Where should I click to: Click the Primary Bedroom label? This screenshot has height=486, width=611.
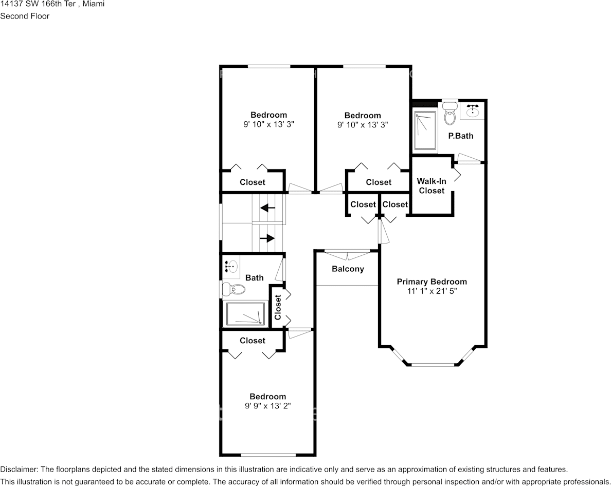click(x=432, y=282)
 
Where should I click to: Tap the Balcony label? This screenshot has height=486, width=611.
click(x=348, y=269)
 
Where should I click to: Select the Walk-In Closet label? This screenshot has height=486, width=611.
click(x=432, y=186)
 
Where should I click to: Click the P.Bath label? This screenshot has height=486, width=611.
click(x=461, y=136)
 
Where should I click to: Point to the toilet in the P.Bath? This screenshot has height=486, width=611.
click(x=450, y=114)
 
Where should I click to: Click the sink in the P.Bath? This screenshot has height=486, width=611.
click(x=473, y=111)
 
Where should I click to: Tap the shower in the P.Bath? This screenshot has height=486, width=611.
click(x=425, y=130)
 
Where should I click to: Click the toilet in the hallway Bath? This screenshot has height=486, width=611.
click(x=233, y=289)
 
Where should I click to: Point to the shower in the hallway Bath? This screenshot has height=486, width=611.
click(x=245, y=314)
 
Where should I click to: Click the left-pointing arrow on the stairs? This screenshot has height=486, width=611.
click(x=268, y=208)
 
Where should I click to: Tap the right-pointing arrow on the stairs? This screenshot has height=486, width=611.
click(x=267, y=238)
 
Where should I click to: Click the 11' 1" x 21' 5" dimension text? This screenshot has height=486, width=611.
click(x=432, y=291)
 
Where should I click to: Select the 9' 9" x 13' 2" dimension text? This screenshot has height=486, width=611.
click(x=268, y=406)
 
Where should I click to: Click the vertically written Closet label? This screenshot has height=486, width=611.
click(x=278, y=307)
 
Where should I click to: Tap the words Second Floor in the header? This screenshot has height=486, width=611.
click(x=25, y=16)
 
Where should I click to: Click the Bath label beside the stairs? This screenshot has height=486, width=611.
click(x=255, y=278)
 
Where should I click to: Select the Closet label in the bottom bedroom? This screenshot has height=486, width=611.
click(x=253, y=341)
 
